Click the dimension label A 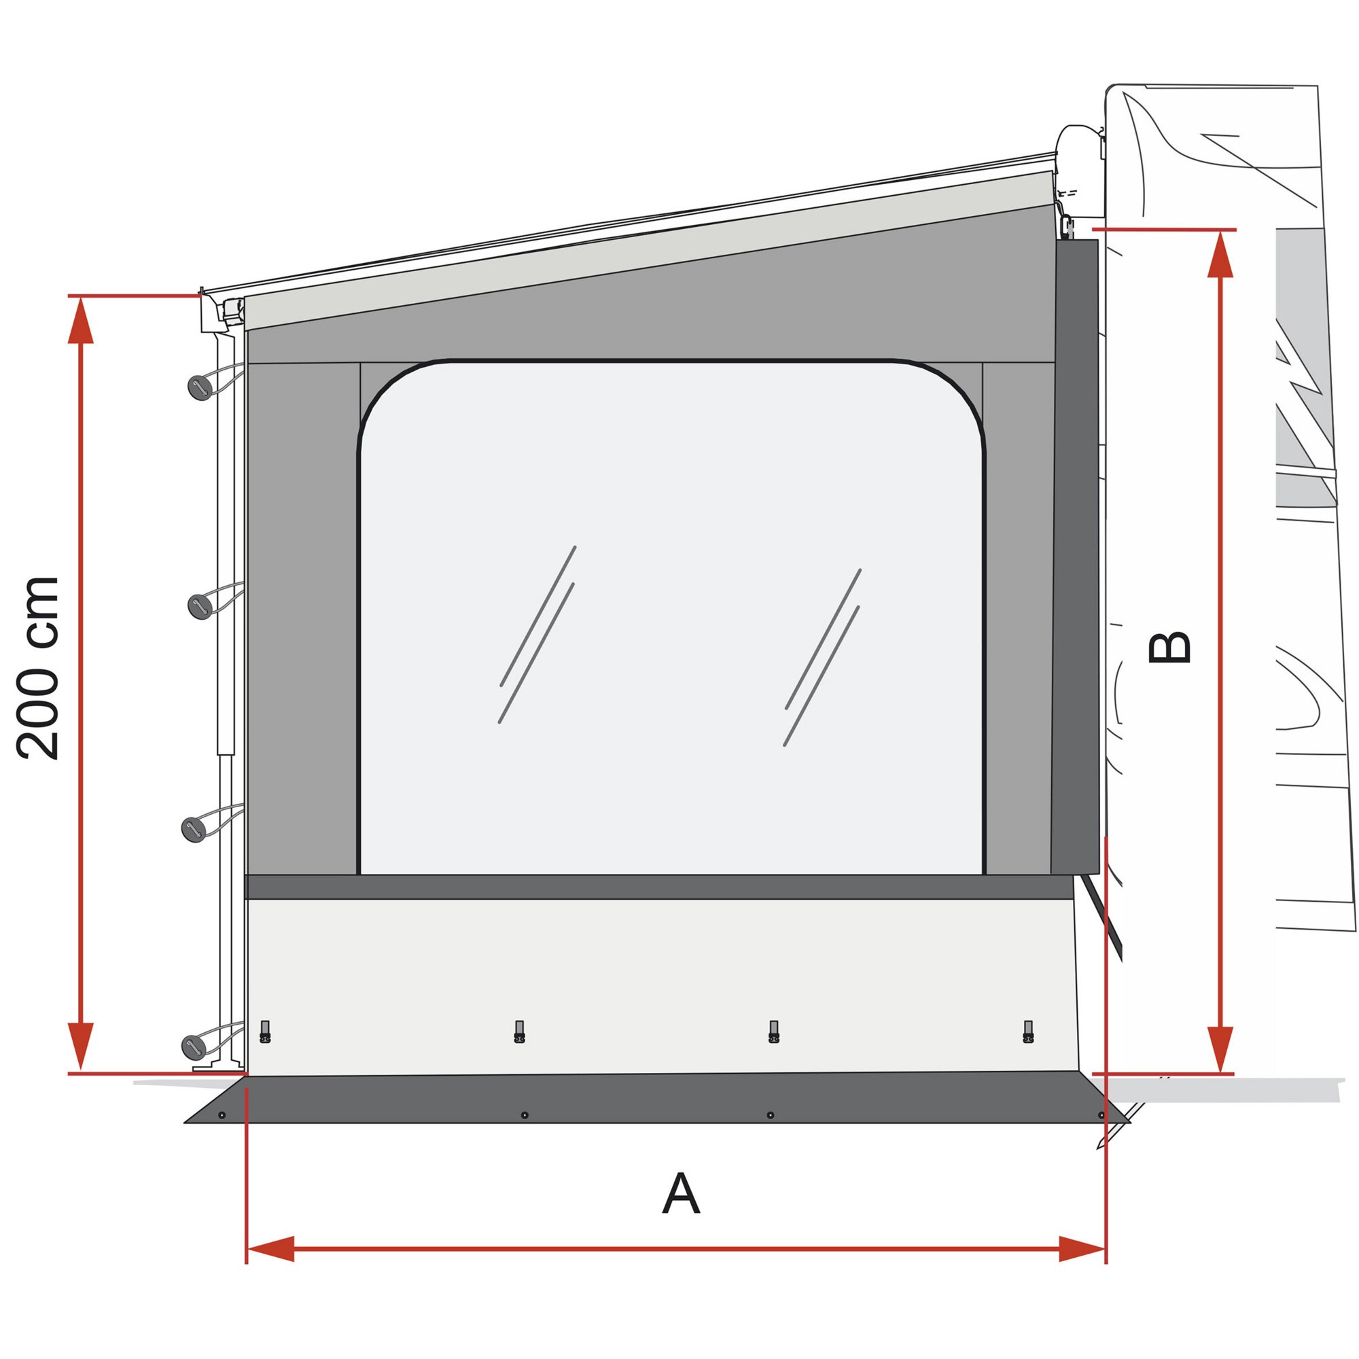tap(680, 1193)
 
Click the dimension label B tap(1169, 648)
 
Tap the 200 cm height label tap(39, 667)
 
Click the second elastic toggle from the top tap(200, 605)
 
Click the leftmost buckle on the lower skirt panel tap(265, 1031)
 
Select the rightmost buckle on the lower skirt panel tap(1027, 1031)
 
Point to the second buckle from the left tap(519, 1031)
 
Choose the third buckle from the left tap(774, 1031)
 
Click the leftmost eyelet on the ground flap tap(222, 1115)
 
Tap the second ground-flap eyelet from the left tap(524, 1115)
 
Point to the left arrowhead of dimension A tap(271, 1248)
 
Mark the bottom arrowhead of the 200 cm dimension tap(81, 1045)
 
